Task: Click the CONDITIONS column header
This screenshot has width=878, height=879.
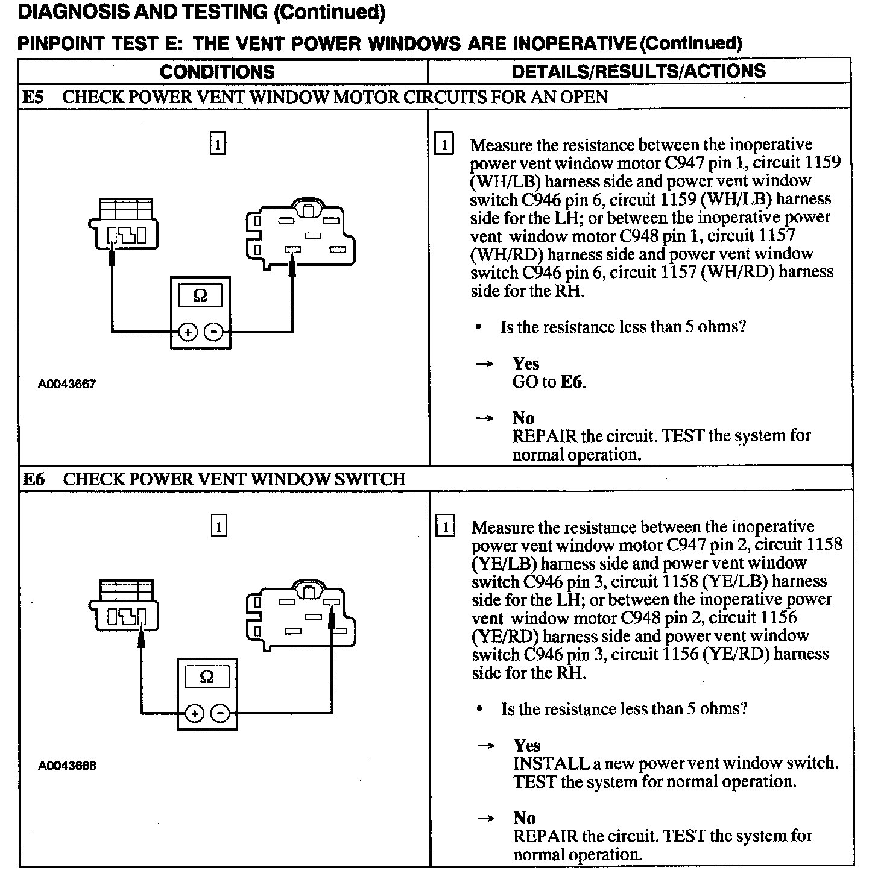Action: point(217,72)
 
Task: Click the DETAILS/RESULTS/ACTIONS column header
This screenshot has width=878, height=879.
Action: point(638,71)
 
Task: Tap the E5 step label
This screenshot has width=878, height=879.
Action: point(33,97)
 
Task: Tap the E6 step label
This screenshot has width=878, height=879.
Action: point(34,479)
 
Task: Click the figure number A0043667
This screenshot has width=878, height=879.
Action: point(67,384)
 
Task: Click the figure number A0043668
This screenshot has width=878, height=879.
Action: point(67,766)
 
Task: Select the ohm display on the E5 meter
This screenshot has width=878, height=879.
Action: point(200,296)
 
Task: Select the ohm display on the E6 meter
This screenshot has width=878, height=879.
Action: point(207,677)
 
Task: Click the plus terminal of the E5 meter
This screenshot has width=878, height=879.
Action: point(188,332)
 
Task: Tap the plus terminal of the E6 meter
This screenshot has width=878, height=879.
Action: point(194,714)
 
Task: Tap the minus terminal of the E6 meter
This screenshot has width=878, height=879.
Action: point(220,714)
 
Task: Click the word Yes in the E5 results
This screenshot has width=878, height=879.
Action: point(526,364)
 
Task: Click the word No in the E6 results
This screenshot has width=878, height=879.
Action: point(525,818)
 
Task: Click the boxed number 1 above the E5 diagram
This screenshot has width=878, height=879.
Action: point(217,144)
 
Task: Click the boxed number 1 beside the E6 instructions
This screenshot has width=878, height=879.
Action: point(444,527)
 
